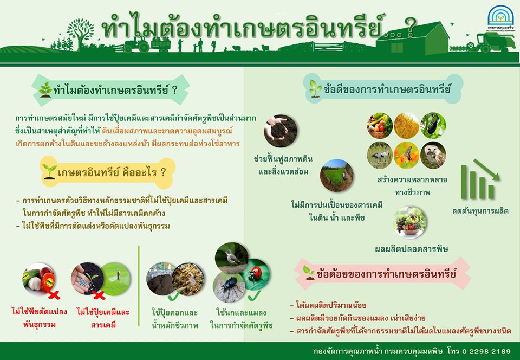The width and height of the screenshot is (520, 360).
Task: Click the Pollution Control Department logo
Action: [x=500, y=18]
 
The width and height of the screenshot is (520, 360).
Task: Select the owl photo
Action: [x=433, y=155]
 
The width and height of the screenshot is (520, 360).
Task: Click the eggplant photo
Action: [x=433, y=125]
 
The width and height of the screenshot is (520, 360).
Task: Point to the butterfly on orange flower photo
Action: [x=407, y=155]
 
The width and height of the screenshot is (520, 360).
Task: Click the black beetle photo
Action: [x=229, y=287]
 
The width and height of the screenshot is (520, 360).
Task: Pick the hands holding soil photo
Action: [x=281, y=131]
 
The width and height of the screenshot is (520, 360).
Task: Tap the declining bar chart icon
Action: [x=480, y=179]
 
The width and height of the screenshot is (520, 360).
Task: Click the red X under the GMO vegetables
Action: [x=54, y=294]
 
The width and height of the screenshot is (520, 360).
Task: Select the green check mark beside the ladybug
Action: [x=253, y=295]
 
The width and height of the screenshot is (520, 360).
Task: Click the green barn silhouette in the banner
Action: [x=413, y=38]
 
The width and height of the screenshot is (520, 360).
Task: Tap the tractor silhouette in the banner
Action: [x=136, y=44]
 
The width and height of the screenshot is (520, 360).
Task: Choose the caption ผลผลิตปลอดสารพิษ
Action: [x=412, y=249]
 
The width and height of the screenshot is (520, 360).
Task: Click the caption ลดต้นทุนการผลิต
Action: [x=480, y=211]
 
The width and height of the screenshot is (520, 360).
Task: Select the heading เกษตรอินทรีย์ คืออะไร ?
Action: [x=112, y=172]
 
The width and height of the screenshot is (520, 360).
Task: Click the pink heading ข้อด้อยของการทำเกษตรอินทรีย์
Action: [x=386, y=274]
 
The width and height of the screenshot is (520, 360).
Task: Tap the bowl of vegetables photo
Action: [x=410, y=222]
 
